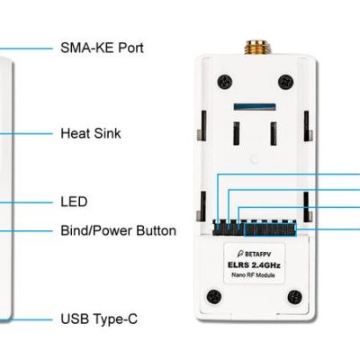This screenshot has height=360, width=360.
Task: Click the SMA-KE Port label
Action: tap(102, 48)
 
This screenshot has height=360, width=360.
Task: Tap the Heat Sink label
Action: tap(91, 133)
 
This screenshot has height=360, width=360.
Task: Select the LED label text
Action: tap(74, 202)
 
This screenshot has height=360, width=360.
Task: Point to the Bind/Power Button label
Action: tap(118, 230)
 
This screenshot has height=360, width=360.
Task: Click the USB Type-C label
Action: tap(99, 319)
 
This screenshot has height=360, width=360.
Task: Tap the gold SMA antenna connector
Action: tap(257, 48)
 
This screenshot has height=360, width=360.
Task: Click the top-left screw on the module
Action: tap(225, 81)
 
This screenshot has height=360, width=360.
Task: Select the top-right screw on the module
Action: tap(285, 81)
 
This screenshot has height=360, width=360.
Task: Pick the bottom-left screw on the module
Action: tap(214, 297)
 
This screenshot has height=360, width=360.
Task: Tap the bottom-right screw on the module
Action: tap(294, 297)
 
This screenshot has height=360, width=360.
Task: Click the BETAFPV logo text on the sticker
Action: tap(254, 254)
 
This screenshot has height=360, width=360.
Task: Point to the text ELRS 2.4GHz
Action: tap(254, 265)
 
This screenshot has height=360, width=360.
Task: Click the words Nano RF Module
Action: tap(253, 274)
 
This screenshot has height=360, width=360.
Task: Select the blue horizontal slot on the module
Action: tap(255, 106)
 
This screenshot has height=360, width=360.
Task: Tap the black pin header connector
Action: tap(255, 228)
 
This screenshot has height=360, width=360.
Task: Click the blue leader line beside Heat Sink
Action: tap(26, 134)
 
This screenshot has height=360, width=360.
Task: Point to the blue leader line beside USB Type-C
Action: tap(26, 319)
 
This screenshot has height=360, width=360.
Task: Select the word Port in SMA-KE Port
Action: tap(130, 48)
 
